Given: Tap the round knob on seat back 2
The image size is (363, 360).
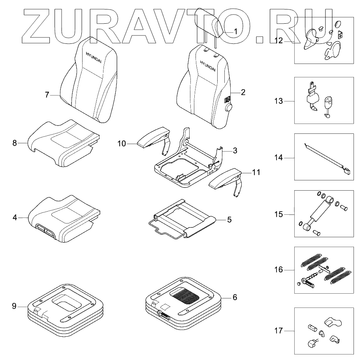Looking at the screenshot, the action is [228, 107].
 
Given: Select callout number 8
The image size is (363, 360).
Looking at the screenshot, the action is [15, 143].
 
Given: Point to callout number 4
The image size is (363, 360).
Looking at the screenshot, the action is [15, 217].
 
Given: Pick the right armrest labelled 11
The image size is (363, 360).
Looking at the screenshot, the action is [225, 180].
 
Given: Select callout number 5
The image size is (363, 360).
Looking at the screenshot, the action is [229, 219].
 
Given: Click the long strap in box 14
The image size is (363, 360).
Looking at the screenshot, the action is [324, 158].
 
